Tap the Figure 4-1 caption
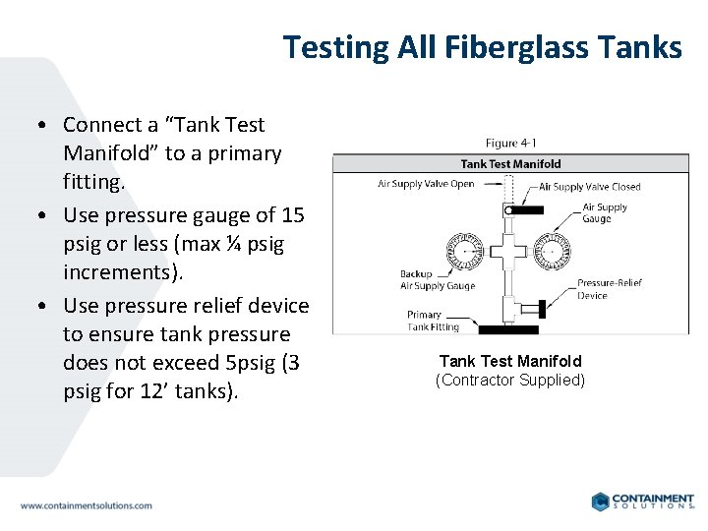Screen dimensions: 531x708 (510, 145)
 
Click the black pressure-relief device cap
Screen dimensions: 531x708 (532, 303)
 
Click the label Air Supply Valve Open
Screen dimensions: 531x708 (426, 184)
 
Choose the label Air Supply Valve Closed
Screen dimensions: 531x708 (589, 187)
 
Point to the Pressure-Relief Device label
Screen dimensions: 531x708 (610, 288)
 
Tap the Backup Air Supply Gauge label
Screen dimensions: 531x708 (438, 280)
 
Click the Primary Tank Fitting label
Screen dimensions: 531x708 (433, 321)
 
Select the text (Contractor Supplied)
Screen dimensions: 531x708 (510, 381)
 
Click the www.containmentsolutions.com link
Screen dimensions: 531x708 (87, 505)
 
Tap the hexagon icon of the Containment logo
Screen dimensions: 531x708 (599, 501)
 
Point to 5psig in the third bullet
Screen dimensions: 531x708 (252, 363)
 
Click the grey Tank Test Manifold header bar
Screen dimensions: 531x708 (510, 164)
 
